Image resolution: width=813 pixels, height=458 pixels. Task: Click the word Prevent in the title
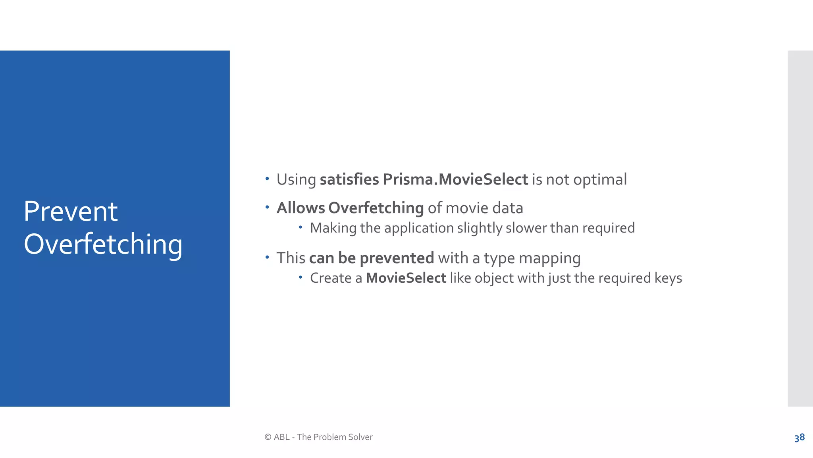(x=71, y=211)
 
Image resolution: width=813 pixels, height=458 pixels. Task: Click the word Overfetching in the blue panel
(x=103, y=244)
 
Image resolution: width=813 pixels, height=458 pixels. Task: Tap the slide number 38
(x=799, y=437)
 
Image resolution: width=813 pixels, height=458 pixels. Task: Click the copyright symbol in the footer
(x=268, y=437)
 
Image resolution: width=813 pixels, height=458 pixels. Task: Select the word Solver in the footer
(x=360, y=437)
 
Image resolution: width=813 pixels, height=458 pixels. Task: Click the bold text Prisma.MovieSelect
(x=455, y=179)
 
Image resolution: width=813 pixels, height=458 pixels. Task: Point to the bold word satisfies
(x=349, y=179)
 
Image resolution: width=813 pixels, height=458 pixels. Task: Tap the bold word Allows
(x=301, y=208)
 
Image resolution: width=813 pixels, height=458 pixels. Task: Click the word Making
(x=333, y=228)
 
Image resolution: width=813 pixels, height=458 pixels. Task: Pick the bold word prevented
(x=397, y=258)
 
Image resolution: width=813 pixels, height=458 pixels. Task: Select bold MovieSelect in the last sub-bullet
(x=406, y=278)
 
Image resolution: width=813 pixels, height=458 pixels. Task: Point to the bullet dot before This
(x=267, y=257)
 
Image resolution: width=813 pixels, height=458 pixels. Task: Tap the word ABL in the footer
(x=281, y=437)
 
